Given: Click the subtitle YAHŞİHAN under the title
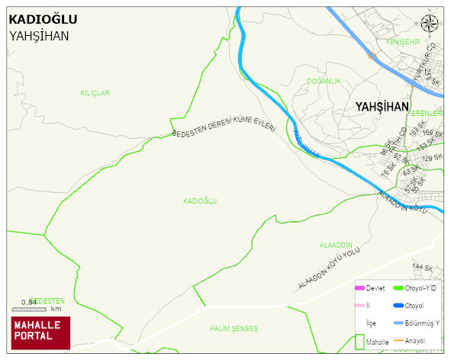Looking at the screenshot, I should click(x=39, y=36).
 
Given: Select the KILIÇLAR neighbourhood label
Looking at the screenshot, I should click(x=95, y=93).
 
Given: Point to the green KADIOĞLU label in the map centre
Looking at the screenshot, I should click(x=200, y=201).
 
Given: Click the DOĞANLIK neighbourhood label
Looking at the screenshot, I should click(x=324, y=81).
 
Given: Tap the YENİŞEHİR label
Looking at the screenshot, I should click(x=404, y=41).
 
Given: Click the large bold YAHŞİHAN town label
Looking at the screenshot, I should click(x=382, y=108).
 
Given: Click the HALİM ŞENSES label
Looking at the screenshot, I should click(x=234, y=329).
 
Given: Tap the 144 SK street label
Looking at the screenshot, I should click(x=423, y=268).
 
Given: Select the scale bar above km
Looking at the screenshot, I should click(x=29, y=309).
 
